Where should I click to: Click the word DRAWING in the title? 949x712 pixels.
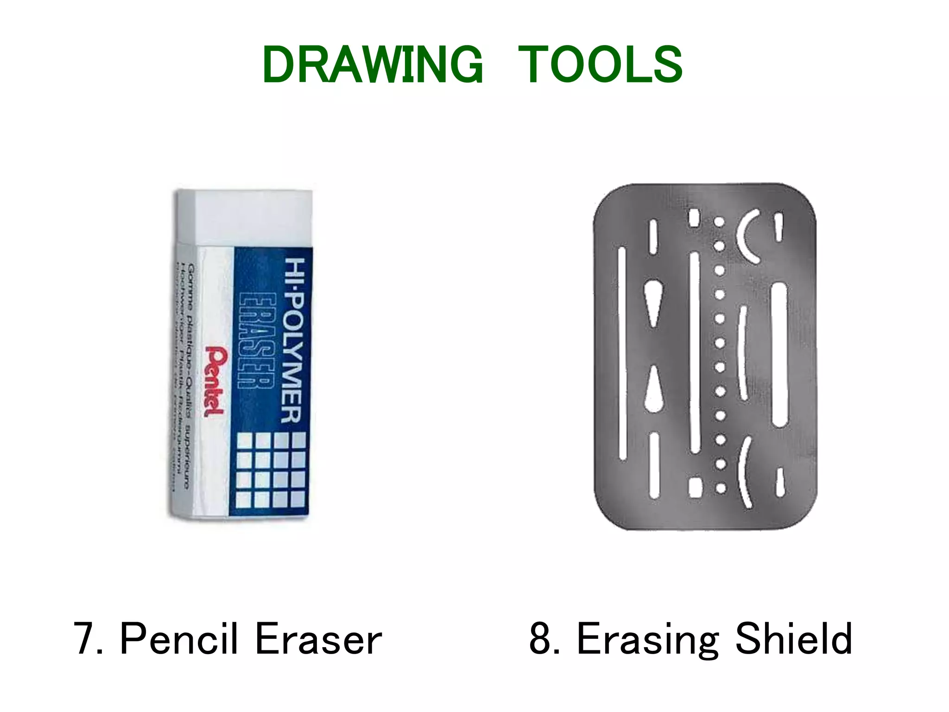pyautogui.click(x=373, y=65)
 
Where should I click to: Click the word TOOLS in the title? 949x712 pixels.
pyautogui.click(x=600, y=65)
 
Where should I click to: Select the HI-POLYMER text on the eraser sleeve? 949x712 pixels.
pyautogui.click(x=294, y=341)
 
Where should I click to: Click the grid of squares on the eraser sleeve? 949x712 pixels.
pyautogui.click(x=272, y=469)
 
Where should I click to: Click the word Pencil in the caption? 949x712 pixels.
pyautogui.click(x=178, y=640)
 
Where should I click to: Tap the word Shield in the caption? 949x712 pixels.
pyautogui.click(x=793, y=640)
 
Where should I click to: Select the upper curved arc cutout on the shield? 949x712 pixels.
pyautogui.click(x=745, y=236)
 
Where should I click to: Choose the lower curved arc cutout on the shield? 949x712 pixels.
pyautogui.click(x=744, y=473)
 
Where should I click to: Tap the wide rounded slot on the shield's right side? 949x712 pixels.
pyautogui.click(x=779, y=355)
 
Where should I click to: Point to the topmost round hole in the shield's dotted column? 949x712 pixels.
pyautogui.click(x=719, y=222)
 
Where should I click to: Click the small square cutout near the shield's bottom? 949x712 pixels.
pyautogui.click(x=694, y=487)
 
